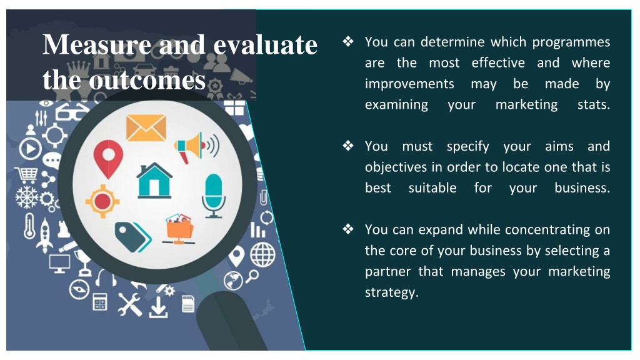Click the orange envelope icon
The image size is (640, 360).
pos(146,127)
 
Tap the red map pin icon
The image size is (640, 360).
pos(108,159)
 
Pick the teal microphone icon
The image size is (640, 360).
pos(214,196)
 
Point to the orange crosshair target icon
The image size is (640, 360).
pos(102,201)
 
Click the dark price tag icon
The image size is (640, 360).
pos(132,237)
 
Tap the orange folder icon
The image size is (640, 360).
pos(179,229)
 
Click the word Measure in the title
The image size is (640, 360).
pos(97,44)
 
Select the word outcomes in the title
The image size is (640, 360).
pos(147,79)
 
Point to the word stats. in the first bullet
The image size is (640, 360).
pos(594,104)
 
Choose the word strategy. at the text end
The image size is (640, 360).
pos(392,292)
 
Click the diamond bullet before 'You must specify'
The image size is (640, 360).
pos(348,145)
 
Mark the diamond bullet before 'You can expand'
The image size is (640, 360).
pos(348,229)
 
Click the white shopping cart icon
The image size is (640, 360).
pos(27,175)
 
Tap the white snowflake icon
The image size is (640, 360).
pos(26,197)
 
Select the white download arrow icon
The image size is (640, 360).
pos(158,307)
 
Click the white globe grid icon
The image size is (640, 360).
pos(262,255)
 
